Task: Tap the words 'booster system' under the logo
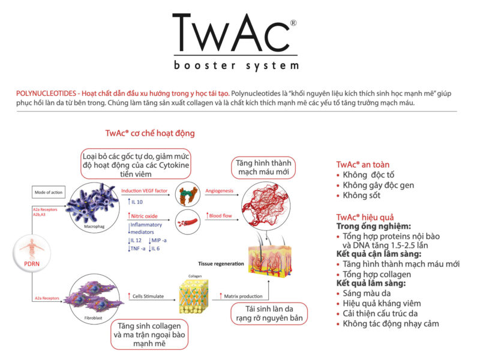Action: (235, 65)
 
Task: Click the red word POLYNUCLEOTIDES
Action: (47, 94)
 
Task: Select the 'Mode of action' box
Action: (48, 193)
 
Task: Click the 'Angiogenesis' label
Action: (220, 190)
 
